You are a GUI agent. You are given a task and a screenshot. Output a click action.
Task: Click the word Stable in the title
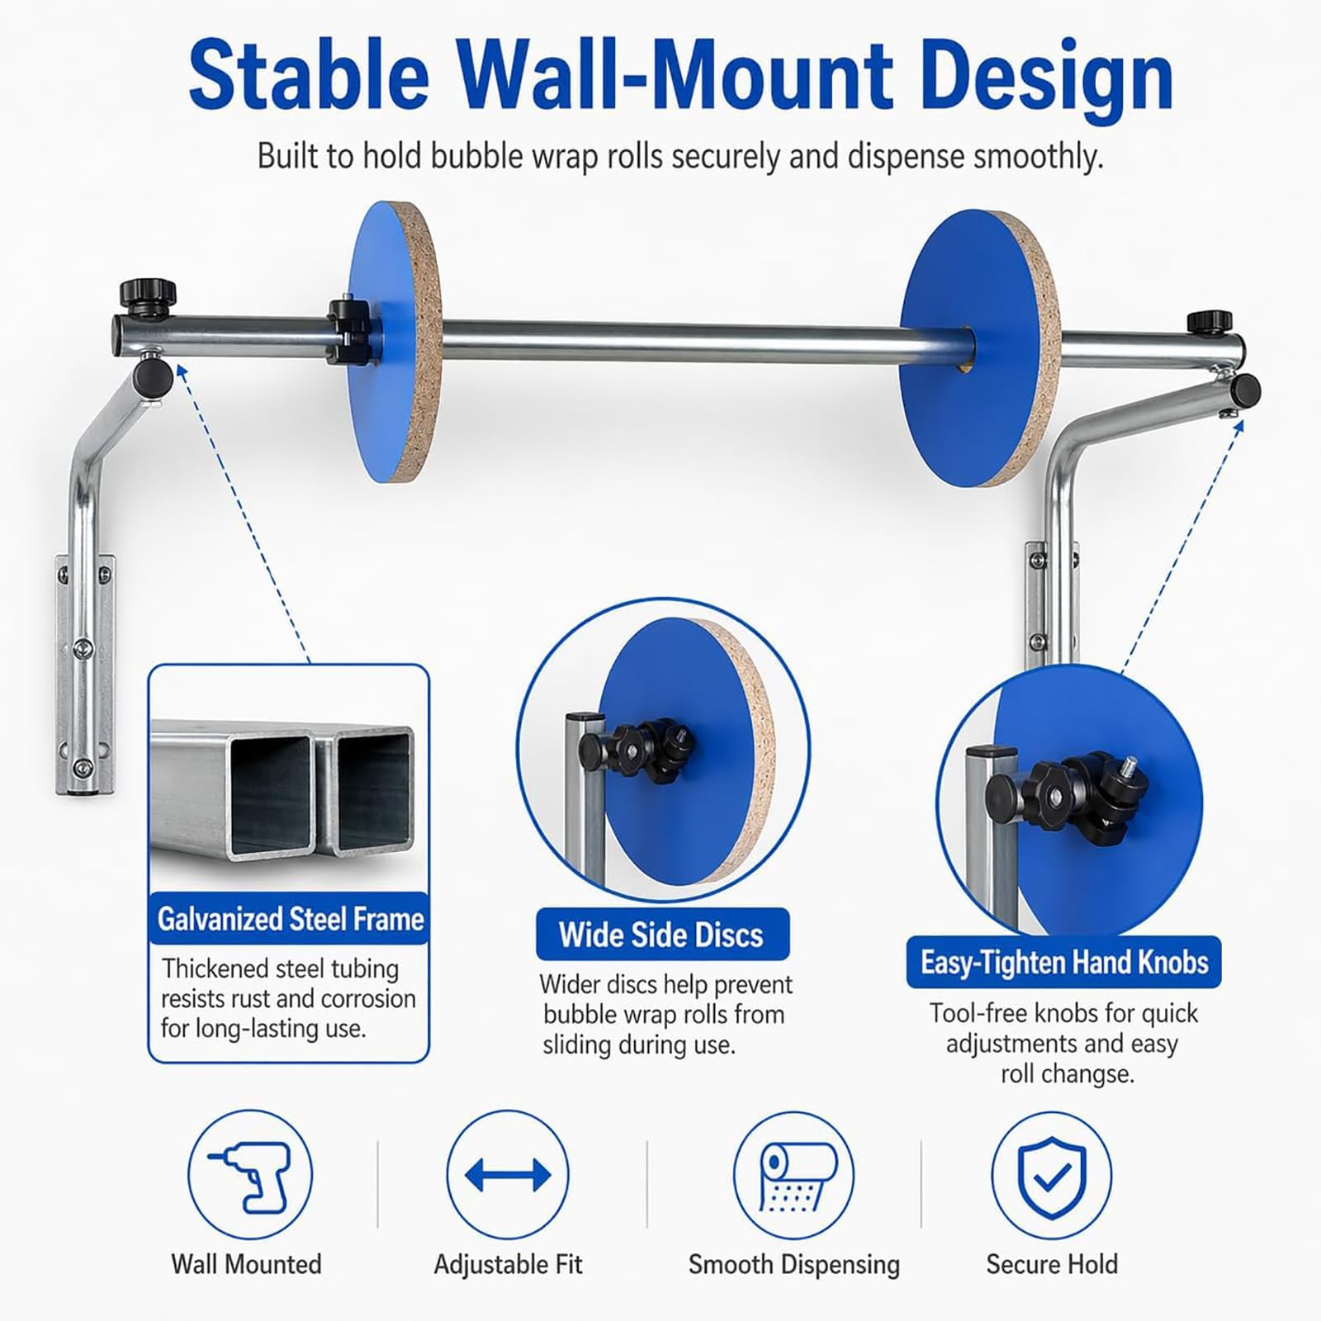click(x=309, y=75)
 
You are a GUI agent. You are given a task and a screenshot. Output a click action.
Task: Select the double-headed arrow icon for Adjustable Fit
click(x=508, y=1175)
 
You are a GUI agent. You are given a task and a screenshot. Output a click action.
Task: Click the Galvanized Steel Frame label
click(x=290, y=919)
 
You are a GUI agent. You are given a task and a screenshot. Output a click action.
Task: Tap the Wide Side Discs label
click(x=662, y=935)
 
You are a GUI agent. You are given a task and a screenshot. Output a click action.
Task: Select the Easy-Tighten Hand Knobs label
click(x=1064, y=962)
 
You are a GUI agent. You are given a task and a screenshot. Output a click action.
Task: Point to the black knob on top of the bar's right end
click(x=1210, y=323)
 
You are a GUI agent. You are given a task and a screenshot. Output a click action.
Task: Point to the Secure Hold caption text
click(x=1052, y=1264)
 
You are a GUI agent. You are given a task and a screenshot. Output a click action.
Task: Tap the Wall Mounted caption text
click(x=246, y=1264)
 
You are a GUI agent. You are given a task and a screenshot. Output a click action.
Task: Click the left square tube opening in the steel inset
click(x=270, y=793)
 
